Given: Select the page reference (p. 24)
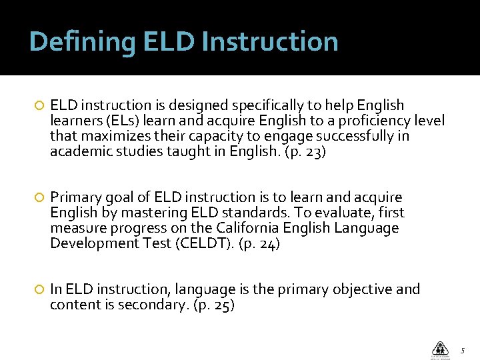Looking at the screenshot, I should (259, 243).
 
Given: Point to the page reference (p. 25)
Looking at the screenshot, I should (213, 305).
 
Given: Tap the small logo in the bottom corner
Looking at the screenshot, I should (440, 349).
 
